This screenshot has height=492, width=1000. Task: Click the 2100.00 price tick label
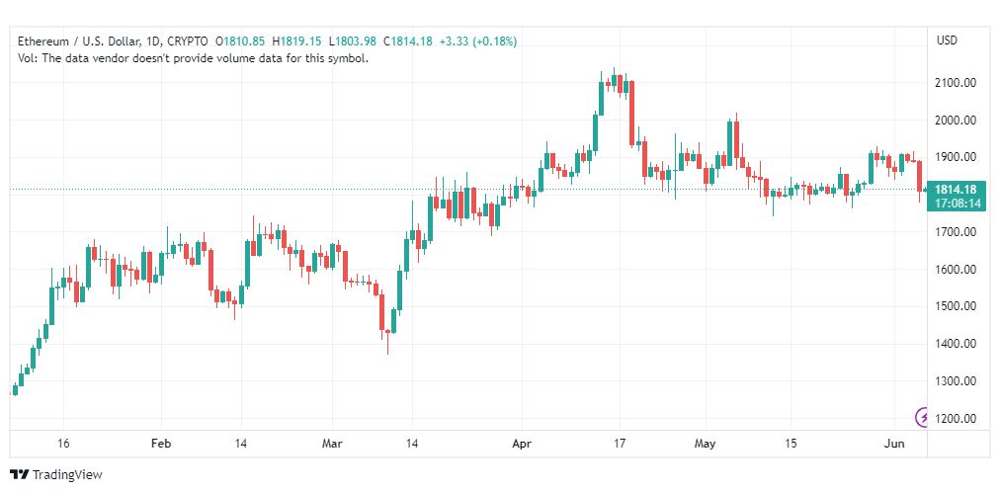[956, 83]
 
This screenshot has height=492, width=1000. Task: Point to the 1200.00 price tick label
[956, 419]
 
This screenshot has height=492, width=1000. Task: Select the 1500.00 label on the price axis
[956, 306]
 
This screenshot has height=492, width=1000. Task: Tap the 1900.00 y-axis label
[956, 157]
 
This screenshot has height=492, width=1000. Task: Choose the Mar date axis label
[332, 445]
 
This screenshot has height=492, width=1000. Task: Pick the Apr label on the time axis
[523, 445]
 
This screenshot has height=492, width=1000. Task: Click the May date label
[706, 445]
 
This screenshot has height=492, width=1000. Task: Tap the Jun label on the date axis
[895, 445]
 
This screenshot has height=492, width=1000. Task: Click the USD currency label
[947, 41]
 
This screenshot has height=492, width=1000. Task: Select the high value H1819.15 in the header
[296, 41]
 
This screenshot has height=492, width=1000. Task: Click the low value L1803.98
[353, 41]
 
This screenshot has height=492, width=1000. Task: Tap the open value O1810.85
[240, 41]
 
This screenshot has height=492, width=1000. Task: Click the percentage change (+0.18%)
[494, 41]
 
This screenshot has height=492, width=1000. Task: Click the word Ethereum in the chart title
[43, 41]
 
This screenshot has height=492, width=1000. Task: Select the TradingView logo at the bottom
[56, 475]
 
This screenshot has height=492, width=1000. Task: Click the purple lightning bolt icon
[922, 418]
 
